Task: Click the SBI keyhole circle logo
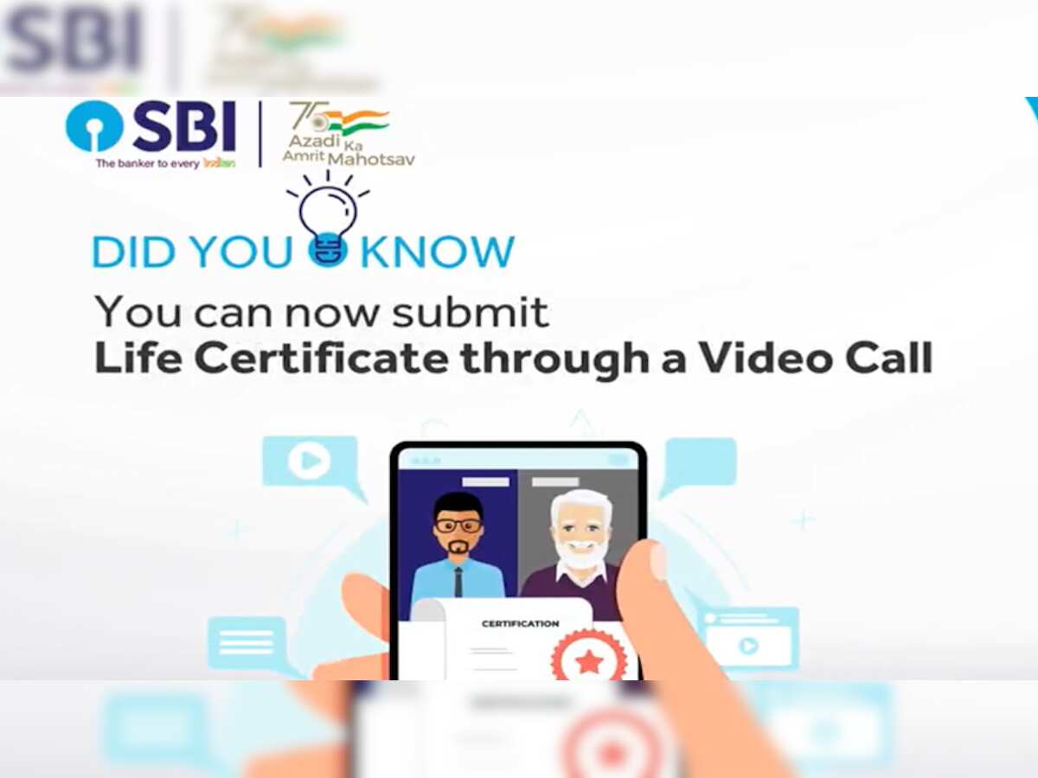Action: point(94,126)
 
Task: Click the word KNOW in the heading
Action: point(436,252)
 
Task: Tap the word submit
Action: point(471,312)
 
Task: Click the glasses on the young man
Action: point(458,525)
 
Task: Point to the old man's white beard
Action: point(580,554)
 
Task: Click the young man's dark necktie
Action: point(458,581)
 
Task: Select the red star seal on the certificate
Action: point(588,660)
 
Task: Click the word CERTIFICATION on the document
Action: point(520,623)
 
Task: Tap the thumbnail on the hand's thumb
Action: point(657,561)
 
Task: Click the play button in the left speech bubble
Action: point(308,462)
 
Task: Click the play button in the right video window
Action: point(748,645)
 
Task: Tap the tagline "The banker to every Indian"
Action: point(164,163)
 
